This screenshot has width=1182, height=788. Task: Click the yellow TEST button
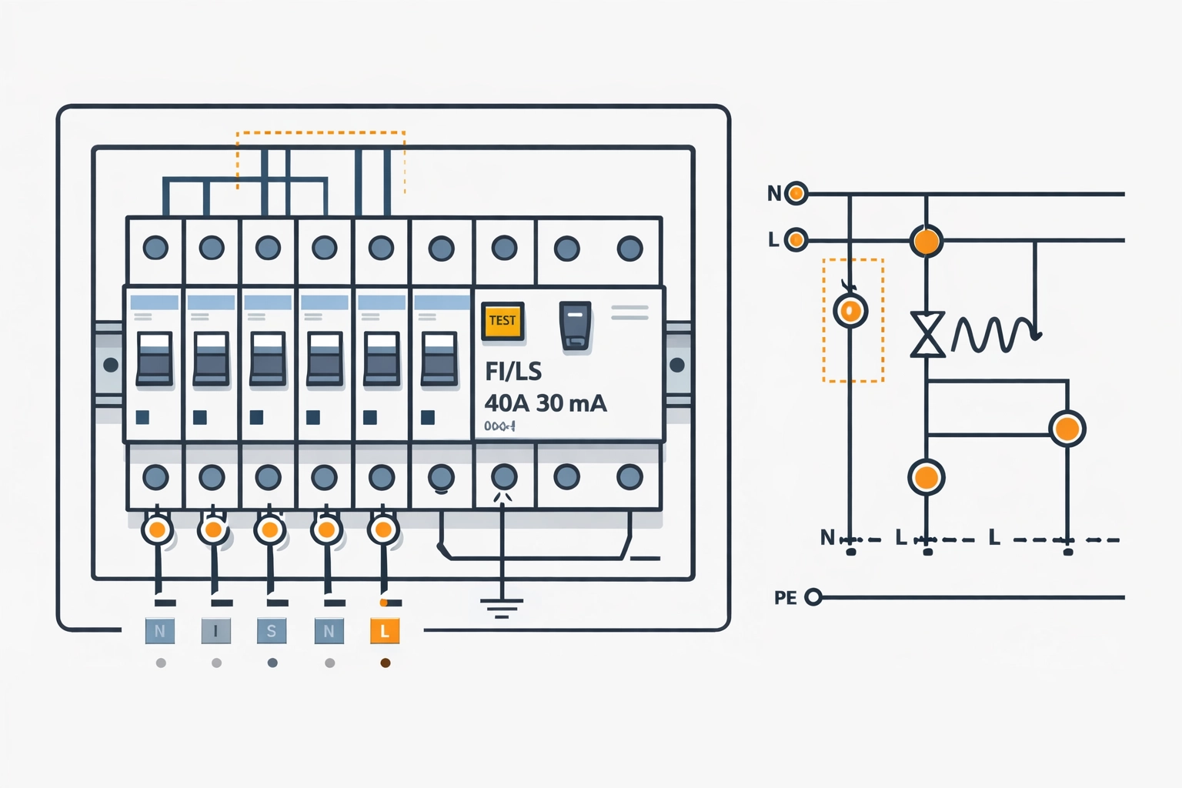(x=502, y=321)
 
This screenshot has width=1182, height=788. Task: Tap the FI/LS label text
(x=513, y=372)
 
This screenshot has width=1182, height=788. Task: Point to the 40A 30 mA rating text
(x=546, y=403)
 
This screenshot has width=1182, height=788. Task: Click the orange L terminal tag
(x=385, y=632)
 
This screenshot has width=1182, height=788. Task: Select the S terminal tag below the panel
(x=272, y=632)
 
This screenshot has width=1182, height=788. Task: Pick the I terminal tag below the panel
(x=215, y=632)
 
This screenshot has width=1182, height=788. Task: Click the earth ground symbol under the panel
(x=502, y=608)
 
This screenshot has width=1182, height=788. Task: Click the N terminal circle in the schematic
(x=796, y=193)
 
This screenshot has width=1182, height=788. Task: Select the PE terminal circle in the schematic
(x=813, y=597)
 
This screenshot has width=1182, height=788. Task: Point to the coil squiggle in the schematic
(x=994, y=335)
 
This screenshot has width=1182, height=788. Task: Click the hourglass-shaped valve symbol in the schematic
(x=927, y=335)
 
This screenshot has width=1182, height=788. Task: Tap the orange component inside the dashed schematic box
(x=850, y=311)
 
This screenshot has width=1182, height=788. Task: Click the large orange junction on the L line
(x=927, y=241)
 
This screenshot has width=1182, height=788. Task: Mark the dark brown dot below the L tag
(x=386, y=663)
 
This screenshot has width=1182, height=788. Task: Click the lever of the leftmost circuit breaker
(x=155, y=359)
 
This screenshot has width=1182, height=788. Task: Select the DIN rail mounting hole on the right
(x=677, y=365)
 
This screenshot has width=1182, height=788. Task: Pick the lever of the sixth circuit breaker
(x=439, y=359)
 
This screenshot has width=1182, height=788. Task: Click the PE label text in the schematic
(x=785, y=598)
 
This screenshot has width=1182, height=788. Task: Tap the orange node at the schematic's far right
(x=1067, y=429)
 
